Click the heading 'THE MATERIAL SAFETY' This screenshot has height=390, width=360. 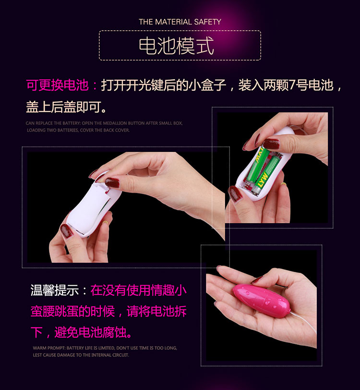tap(180, 22)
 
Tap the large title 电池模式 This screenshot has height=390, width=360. tap(176, 46)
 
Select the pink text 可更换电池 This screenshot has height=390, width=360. tap(58, 85)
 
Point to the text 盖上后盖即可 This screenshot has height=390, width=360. tap(66, 107)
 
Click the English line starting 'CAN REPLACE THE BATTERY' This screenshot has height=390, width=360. tap(104, 123)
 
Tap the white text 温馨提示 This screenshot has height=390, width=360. tap(54, 290)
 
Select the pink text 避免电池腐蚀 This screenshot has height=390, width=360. tap(93, 332)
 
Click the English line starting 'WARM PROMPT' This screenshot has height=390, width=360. tap(105, 348)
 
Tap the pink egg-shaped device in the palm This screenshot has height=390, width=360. tap(262, 301)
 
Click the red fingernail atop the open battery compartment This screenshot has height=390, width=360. tap(271, 144)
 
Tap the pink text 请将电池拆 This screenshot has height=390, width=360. tap(156, 311)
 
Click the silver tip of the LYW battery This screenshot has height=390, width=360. tap(255, 191)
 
